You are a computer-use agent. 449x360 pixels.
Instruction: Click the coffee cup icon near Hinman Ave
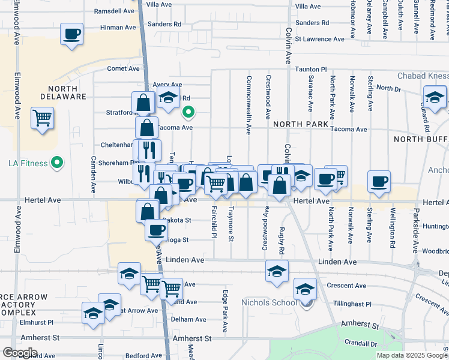(71, 34)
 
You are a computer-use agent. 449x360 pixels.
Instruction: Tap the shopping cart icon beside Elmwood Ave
(43, 118)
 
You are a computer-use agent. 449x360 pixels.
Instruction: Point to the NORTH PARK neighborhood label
(301, 124)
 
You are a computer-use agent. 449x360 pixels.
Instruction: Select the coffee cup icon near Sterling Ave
(379, 181)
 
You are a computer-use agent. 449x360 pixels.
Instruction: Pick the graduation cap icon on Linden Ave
(277, 271)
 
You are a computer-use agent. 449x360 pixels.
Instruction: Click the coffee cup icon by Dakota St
(156, 230)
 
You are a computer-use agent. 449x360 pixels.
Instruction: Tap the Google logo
(20, 353)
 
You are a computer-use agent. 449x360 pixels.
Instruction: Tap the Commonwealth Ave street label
(248, 104)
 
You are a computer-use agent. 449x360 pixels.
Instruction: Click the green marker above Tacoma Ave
(188, 112)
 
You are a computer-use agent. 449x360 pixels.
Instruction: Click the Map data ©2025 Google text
(412, 355)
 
